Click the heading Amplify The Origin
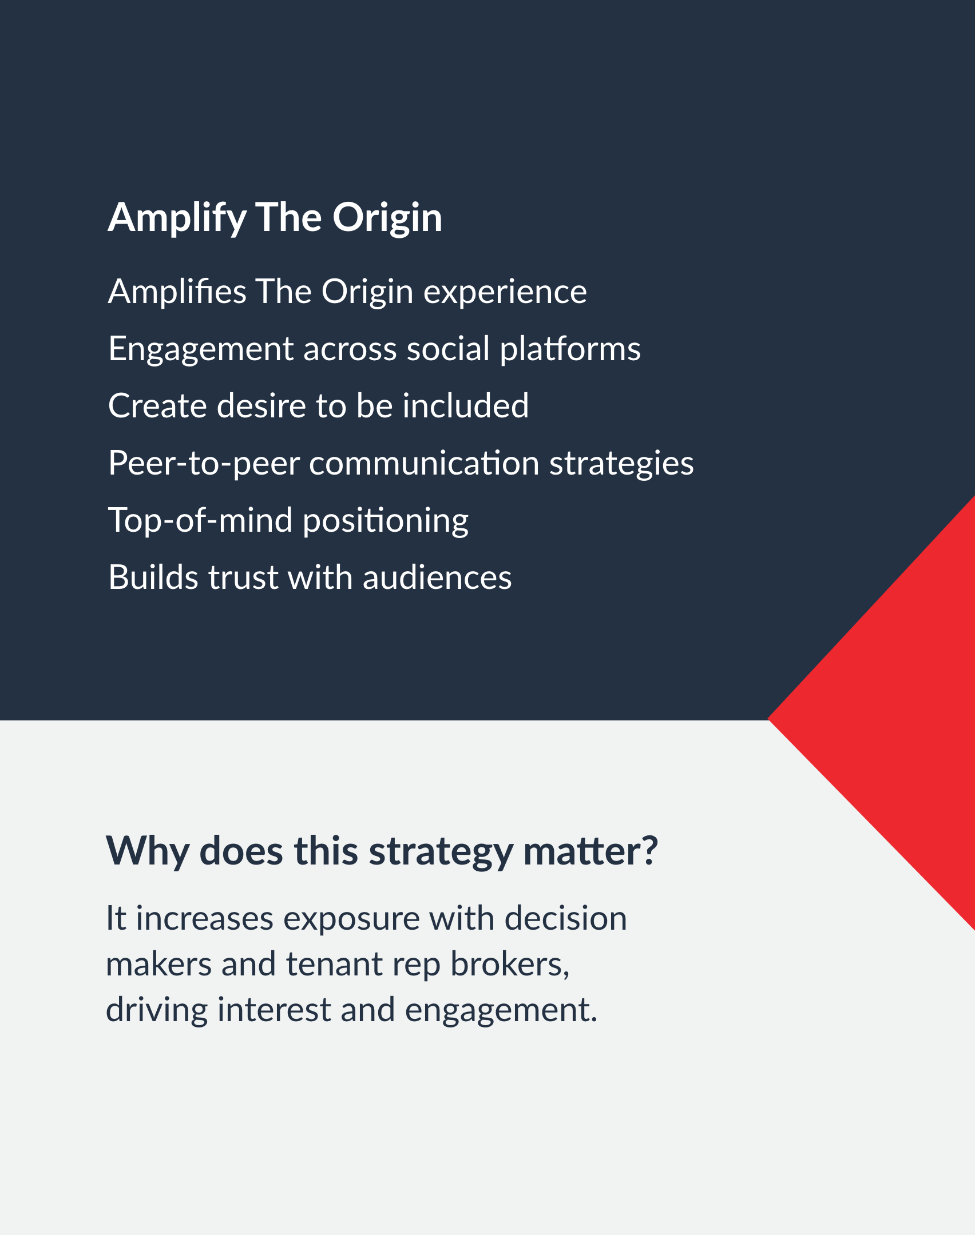tap(275, 218)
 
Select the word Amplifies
tap(177, 292)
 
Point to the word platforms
tap(570, 349)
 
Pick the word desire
tap(262, 406)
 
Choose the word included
tap(466, 406)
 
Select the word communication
tap(425, 463)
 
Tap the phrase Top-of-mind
tap(200, 521)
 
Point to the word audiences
tap(437, 577)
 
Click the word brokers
tap(510, 965)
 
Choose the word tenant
tap(334, 965)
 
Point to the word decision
tap(566, 919)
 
